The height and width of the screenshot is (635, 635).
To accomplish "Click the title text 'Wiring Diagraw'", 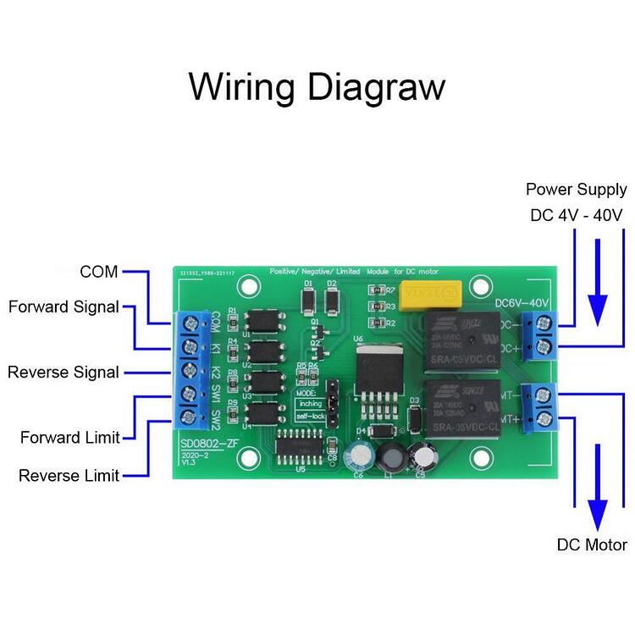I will [317, 87].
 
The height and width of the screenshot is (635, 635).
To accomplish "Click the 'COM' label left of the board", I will [99, 272].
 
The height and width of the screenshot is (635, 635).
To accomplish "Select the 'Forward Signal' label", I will [63, 306].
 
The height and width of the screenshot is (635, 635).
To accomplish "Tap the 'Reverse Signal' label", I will [63, 372].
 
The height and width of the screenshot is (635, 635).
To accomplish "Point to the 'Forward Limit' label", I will [69, 438].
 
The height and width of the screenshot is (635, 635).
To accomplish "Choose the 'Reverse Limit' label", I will [69, 476].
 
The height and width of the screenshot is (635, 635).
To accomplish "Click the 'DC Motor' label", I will [592, 544].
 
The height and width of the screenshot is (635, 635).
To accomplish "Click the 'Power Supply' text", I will [576, 190].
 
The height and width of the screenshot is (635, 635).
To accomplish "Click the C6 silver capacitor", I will [360, 456].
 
